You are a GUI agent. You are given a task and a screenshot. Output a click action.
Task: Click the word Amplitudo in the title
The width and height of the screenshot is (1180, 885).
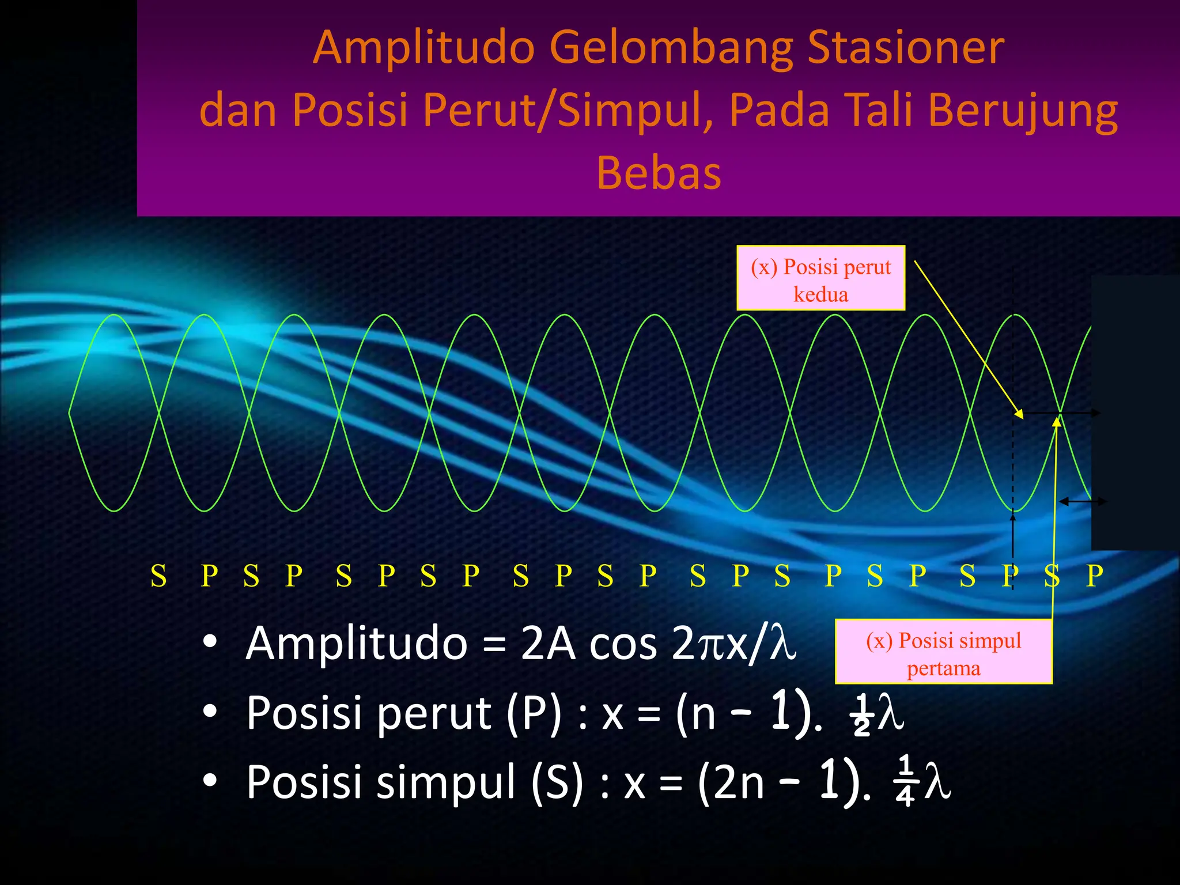424,48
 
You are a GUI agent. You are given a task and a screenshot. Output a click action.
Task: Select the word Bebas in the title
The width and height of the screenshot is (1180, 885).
659,173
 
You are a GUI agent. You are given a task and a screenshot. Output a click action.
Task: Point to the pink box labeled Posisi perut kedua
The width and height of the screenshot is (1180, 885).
820,278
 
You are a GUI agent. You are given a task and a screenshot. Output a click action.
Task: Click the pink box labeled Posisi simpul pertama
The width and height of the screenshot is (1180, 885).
943,652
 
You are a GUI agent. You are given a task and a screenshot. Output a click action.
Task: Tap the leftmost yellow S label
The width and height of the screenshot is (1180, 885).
158,576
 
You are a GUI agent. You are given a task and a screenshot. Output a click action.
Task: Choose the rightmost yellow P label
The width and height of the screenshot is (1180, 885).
1094,576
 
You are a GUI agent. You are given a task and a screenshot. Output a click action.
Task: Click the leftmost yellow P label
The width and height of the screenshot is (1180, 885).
209,576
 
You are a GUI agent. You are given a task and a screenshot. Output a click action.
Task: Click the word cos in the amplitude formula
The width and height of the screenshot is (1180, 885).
623,644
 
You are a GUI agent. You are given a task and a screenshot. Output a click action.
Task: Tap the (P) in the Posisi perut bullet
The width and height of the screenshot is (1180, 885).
534,713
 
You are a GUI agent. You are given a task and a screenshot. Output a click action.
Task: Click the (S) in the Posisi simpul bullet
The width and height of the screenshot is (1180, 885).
557,782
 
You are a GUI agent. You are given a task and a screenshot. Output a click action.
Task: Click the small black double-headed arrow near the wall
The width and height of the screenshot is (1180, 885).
1082,502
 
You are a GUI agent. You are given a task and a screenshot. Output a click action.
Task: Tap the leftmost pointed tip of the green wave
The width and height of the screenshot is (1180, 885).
70,413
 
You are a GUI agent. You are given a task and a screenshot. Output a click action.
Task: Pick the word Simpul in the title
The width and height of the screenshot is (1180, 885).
628,111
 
